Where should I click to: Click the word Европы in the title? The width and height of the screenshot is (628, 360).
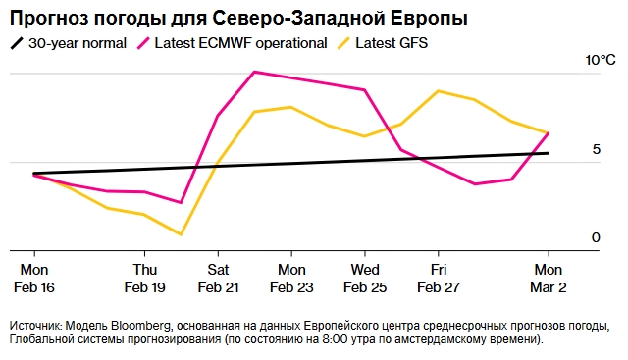429,19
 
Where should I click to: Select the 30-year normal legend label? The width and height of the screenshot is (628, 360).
78,43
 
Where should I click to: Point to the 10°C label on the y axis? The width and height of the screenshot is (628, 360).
600,61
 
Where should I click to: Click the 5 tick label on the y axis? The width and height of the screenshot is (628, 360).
596,149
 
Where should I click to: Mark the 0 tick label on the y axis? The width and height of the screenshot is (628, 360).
596,238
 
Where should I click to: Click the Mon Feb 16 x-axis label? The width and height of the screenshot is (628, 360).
34,278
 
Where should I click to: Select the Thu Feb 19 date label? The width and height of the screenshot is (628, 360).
144,278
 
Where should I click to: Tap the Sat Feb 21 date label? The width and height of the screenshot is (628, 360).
218,278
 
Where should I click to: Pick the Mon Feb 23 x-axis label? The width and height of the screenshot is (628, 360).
291,278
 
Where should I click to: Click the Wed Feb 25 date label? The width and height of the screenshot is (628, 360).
365,278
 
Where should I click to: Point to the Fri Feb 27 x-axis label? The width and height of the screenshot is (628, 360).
438,278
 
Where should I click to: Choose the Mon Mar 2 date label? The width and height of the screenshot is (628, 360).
548,278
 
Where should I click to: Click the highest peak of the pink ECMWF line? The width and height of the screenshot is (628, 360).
255,72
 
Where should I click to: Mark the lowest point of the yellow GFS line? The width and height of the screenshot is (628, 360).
181,234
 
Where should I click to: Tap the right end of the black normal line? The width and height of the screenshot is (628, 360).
548,153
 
